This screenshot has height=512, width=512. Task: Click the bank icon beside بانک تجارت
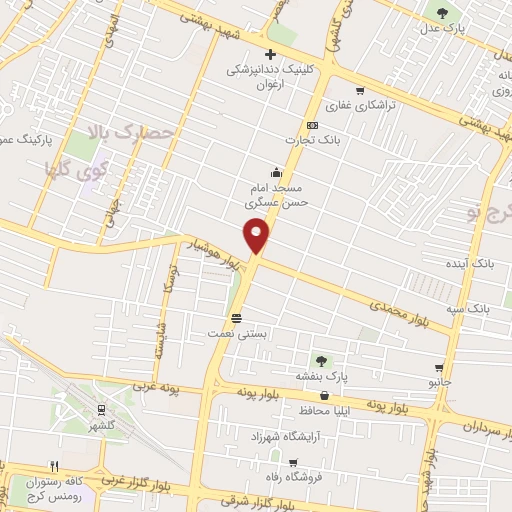312,125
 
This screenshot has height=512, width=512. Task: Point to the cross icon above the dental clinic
268,54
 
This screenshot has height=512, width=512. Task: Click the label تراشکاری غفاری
364,105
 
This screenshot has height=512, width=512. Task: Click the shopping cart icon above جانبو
439,367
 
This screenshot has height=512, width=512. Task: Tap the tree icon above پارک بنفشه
321,361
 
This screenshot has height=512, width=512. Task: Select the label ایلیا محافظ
322,411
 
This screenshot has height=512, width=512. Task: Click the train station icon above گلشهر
101,409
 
